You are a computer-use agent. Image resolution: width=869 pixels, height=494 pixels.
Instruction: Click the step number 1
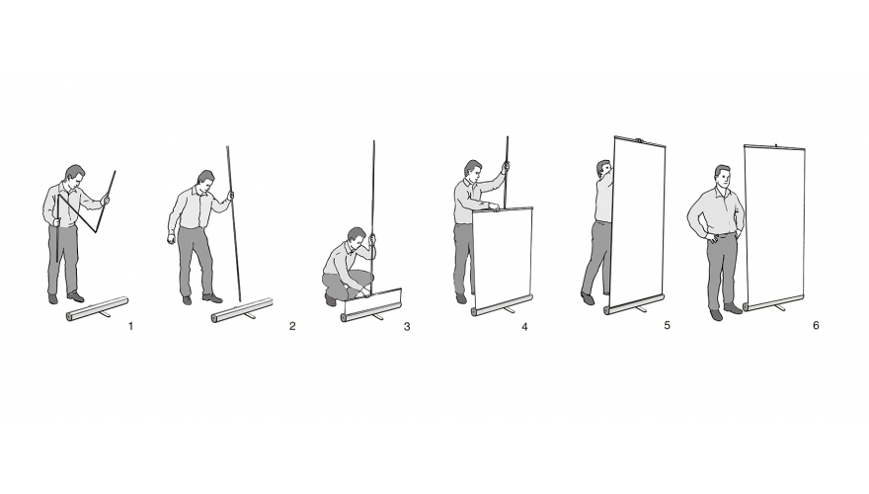[130, 326]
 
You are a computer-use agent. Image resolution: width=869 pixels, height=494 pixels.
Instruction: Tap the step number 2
[292, 326]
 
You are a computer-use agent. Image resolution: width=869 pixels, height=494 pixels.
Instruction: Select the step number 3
[407, 327]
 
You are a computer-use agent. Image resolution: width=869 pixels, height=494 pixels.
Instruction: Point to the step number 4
[524, 327]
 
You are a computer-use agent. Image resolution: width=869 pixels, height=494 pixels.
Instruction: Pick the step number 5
[667, 325]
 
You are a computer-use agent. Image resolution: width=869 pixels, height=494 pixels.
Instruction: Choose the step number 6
[816, 325]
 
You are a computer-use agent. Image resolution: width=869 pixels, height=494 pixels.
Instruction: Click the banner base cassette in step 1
[97, 309]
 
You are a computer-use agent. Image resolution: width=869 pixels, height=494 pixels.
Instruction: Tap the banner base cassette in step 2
[242, 310]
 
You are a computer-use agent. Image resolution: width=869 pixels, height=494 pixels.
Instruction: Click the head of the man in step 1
[75, 175]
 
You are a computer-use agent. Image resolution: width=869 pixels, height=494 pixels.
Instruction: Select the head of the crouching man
[356, 237]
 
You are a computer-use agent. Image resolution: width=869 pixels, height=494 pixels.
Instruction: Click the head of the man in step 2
[205, 181]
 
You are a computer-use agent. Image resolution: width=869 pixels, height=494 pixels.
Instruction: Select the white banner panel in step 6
[774, 224]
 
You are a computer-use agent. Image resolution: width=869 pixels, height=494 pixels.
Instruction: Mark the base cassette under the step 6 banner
[773, 302]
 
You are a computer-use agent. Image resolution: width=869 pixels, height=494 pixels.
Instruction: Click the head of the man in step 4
[472, 170]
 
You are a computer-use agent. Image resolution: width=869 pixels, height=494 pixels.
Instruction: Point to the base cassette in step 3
[371, 311]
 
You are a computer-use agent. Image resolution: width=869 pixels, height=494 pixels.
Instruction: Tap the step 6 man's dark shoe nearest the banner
[733, 308]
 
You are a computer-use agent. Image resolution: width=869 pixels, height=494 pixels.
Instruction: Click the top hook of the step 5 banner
[639, 140]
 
